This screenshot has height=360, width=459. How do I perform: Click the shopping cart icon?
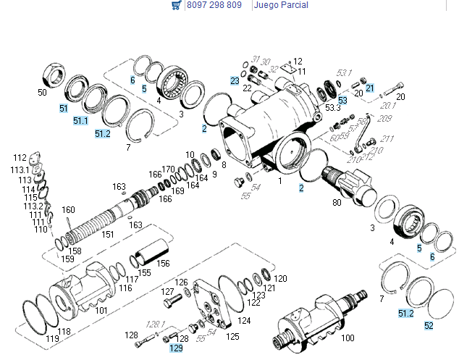pyautogui.click(x=176, y=5)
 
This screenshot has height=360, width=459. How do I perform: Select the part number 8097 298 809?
pyautogui.click(x=214, y=5)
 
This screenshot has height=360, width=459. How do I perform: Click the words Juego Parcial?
pyautogui.click(x=280, y=5)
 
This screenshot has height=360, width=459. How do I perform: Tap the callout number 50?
pyautogui.click(x=42, y=93)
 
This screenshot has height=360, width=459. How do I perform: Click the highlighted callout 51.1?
pyautogui.click(x=80, y=120)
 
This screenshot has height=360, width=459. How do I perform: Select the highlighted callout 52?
pyautogui.click(x=429, y=325)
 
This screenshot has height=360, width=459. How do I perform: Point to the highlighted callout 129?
pyautogui.click(x=176, y=348)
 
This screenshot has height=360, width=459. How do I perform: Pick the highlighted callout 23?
pyautogui.click(x=235, y=80)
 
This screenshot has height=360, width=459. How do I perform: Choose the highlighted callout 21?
pyautogui.click(x=369, y=88)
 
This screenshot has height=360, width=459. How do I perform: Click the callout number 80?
pyautogui.click(x=337, y=202)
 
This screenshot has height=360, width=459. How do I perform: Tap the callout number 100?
pyautogui.click(x=348, y=338)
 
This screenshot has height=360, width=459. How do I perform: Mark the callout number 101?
pyautogui.click(x=101, y=311)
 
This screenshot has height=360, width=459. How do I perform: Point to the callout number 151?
pyautogui.click(x=107, y=234)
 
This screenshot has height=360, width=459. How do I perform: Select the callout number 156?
pyautogui.click(x=164, y=264)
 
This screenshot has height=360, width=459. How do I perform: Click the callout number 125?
pyautogui.click(x=232, y=336)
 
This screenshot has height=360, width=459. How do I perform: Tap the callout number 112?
pyautogui.click(x=20, y=157)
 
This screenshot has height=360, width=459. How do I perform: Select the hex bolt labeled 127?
pyautogui.click(x=171, y=298)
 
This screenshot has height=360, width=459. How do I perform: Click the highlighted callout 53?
pyautogui.click(x=342, y=100)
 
